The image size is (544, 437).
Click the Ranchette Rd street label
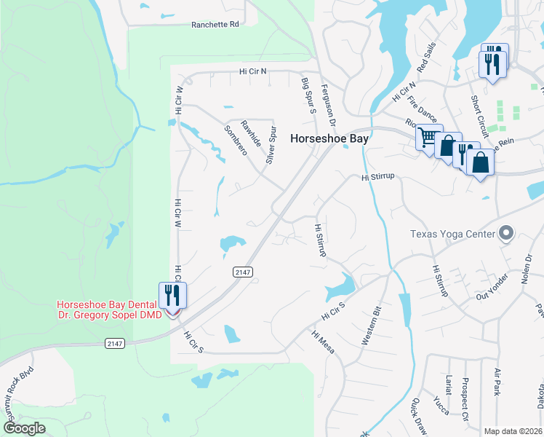tap(215, 24)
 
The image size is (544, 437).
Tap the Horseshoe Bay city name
tap(329, 138)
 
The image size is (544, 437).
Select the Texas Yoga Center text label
tap(452, 234)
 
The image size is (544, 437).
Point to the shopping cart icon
tap(428, 136)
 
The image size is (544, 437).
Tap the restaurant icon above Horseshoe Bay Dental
tap(172, 295)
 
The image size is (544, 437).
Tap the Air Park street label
tap(497, 382)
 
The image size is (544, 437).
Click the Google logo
tap(25, 428)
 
